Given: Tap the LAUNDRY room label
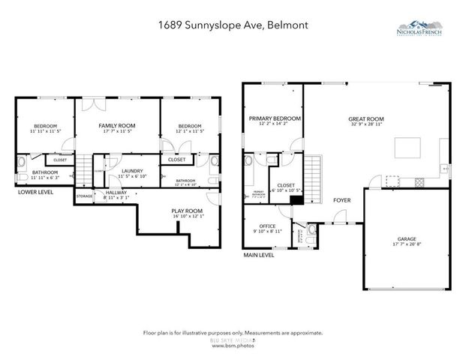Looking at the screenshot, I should tap(132, 171).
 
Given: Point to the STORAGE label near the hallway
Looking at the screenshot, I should tap(84, 196).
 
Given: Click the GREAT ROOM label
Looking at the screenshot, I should tap(365, 118).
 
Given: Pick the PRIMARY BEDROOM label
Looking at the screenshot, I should tap(275, 118).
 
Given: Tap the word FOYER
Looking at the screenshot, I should tap(342, 200).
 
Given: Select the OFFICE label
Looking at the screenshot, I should tap(267, 226).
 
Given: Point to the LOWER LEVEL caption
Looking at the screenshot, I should tap(36, 192).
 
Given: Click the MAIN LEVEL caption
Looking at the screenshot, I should tap(258, 255).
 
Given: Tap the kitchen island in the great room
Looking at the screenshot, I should tap(407, 146).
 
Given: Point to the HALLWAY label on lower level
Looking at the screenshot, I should tap(116, 192).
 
